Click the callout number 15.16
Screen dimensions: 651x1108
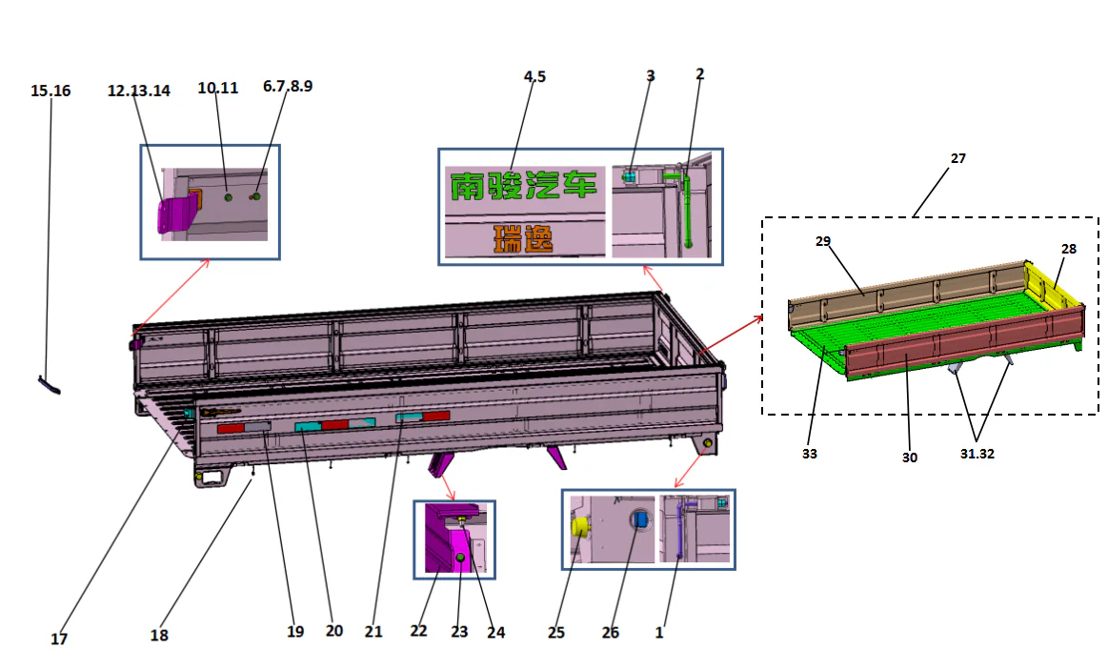[x=50, y=91]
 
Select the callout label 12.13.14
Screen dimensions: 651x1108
[x=139, y=91]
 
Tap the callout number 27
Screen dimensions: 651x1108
[x=957, y=158]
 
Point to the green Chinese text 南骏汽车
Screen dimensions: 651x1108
[x=521, y=185]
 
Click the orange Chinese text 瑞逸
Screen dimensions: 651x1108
[x=523, y=239]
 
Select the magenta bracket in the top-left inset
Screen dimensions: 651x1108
[x=171, y=214]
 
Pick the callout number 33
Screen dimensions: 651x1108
[x=809, y=455]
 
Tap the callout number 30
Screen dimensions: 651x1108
[x=910, y=458]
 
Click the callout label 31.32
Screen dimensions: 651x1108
[x=977, y=454]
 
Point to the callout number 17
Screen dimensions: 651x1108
[x=59, y=640]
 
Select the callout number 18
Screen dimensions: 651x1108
[x=159, y=635]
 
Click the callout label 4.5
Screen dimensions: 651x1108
[x=534, y=77]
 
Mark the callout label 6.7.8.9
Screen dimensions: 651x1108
[x=288, y=86]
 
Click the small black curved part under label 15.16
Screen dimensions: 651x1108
[x=49, y=384]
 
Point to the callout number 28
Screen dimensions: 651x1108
[x=1069, y=248]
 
